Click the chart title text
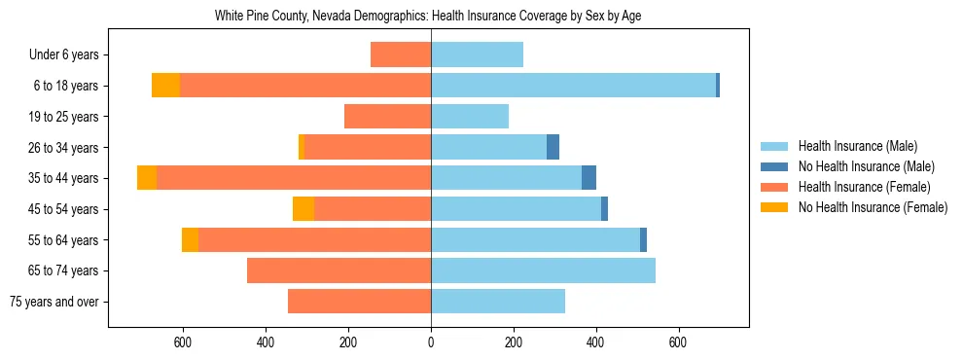[428, 16]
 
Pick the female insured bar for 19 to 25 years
[387, 117]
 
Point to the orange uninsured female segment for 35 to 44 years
[147, 178]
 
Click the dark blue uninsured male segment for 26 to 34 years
[553, 147]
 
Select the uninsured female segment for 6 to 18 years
[166, 86]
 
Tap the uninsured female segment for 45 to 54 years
[303, 209]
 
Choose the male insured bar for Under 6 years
[477, 55]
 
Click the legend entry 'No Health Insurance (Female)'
[872, 207]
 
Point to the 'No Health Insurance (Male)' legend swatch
[775, 166]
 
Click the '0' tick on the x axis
[431, 342]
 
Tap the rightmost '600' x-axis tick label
[678, 342]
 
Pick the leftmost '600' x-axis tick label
[183, 342]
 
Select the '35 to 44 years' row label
[64, 178]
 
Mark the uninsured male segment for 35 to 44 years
[588, 178]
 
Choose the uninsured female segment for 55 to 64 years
[191, 240]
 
